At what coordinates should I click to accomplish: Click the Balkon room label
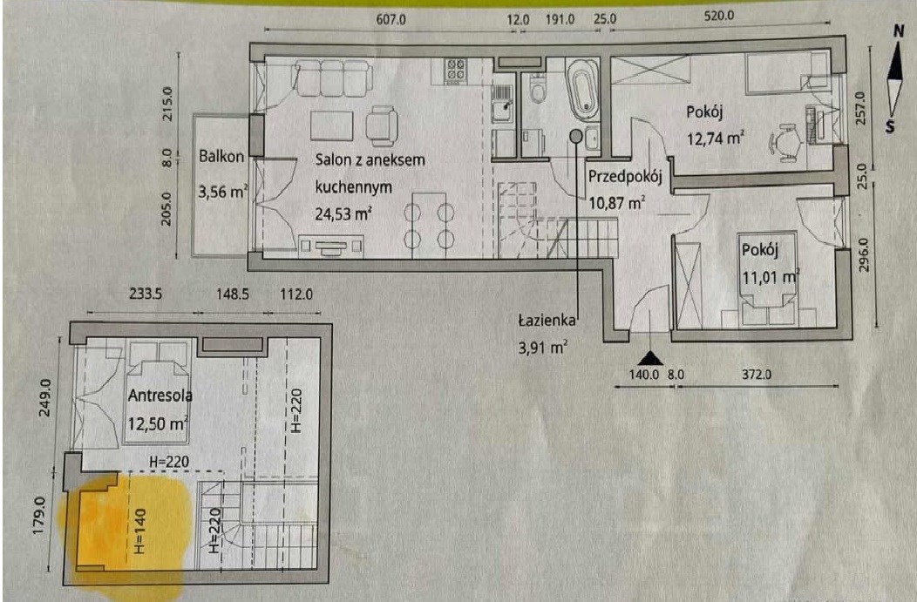point(221,157)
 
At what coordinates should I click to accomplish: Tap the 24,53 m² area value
point(343,214)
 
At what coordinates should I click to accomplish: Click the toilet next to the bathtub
point(538,88)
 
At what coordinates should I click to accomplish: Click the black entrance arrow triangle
point(649,358)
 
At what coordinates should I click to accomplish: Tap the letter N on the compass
point(899,31)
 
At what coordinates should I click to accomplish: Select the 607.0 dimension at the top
point(391,19)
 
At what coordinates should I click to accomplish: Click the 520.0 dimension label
point(718,16)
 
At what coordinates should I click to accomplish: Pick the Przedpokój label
point(625,177)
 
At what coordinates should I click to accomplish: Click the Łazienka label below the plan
point(547,321)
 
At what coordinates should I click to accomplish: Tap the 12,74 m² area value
point(716,139)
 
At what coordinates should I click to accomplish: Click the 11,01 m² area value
point(771,276)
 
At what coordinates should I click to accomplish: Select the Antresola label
point(160,396)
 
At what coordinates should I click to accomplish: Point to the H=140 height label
point(139,531)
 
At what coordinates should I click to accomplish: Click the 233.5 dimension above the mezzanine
point(146,294)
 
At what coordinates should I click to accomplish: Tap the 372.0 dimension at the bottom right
point(757,374)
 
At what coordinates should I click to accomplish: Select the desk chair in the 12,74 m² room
point(786,141)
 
